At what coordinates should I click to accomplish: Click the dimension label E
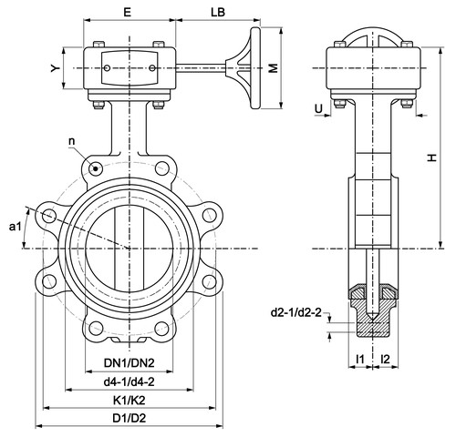[127, 12]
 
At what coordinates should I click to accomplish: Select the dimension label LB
[218, 12]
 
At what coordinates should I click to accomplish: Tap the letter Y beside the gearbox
[55, 68]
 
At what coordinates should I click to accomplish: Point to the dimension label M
[274, 68]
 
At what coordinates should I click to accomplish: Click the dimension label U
[318, 108]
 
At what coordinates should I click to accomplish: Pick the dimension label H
[432, 158]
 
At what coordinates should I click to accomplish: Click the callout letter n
[72, 141]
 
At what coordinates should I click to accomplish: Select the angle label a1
[15, 226]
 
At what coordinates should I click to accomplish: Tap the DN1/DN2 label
[130, 362]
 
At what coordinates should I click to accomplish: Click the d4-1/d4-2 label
[130, 381]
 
